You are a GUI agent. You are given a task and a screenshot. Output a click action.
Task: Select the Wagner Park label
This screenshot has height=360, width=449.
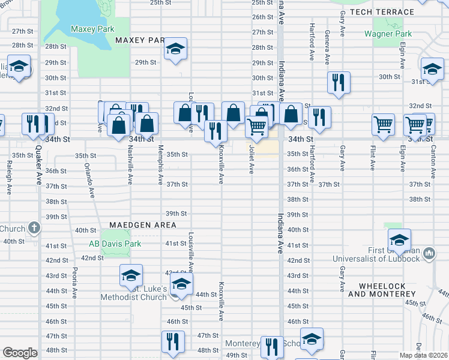click(388, 34)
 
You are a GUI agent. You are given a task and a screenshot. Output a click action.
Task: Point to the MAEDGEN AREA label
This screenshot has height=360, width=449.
click(142, 225)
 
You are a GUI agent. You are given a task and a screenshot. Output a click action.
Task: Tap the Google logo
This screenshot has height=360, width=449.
click(20, 353)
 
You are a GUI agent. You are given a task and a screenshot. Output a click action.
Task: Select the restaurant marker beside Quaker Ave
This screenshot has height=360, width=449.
click(31, 123)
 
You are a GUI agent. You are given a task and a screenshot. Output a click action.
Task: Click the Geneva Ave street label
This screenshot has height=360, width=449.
click(327, 47)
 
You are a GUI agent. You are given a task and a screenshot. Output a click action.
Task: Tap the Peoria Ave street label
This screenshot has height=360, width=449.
click(75, 282)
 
